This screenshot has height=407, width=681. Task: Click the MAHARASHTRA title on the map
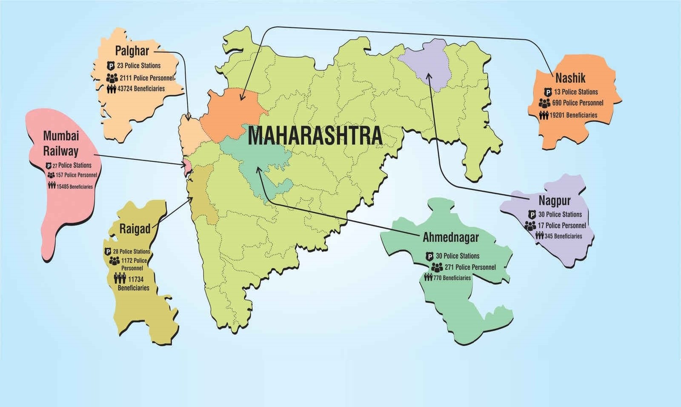tap(315, 136)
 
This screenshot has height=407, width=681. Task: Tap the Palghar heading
tap(132, 51)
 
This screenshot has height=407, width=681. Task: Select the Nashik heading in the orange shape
tap(570, 78)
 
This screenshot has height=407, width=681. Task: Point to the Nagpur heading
tap(554, 200)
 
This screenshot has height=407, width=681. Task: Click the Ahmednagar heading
tap(450, 238)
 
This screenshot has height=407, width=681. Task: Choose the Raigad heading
tap(134, 229)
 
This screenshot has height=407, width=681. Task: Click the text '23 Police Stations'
tap(139, 66)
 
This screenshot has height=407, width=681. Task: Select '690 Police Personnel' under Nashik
tap(578, 103)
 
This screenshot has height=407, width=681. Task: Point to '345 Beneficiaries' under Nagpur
tap(563, 236)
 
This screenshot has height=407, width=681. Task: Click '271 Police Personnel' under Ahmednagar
tap(470, 267)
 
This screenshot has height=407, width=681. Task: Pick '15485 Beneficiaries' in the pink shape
tap(74, 186)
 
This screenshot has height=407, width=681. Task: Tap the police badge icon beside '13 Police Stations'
tap(548, 92)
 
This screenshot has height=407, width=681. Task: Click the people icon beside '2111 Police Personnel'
tap(112, 78)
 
